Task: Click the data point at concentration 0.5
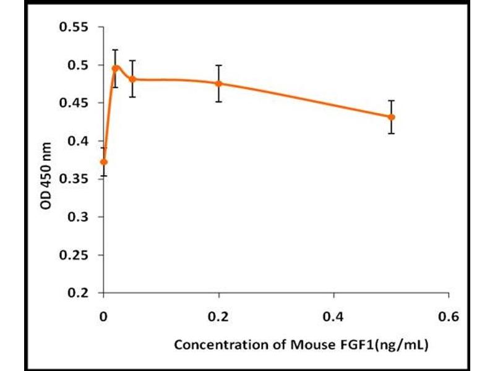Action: [391, 117]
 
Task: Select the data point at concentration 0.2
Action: [218, 83]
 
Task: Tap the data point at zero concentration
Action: [104, 162]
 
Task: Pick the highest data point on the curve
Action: [115, 68]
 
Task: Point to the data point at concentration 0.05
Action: [132, 79]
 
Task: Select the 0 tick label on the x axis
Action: [104, 317]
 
